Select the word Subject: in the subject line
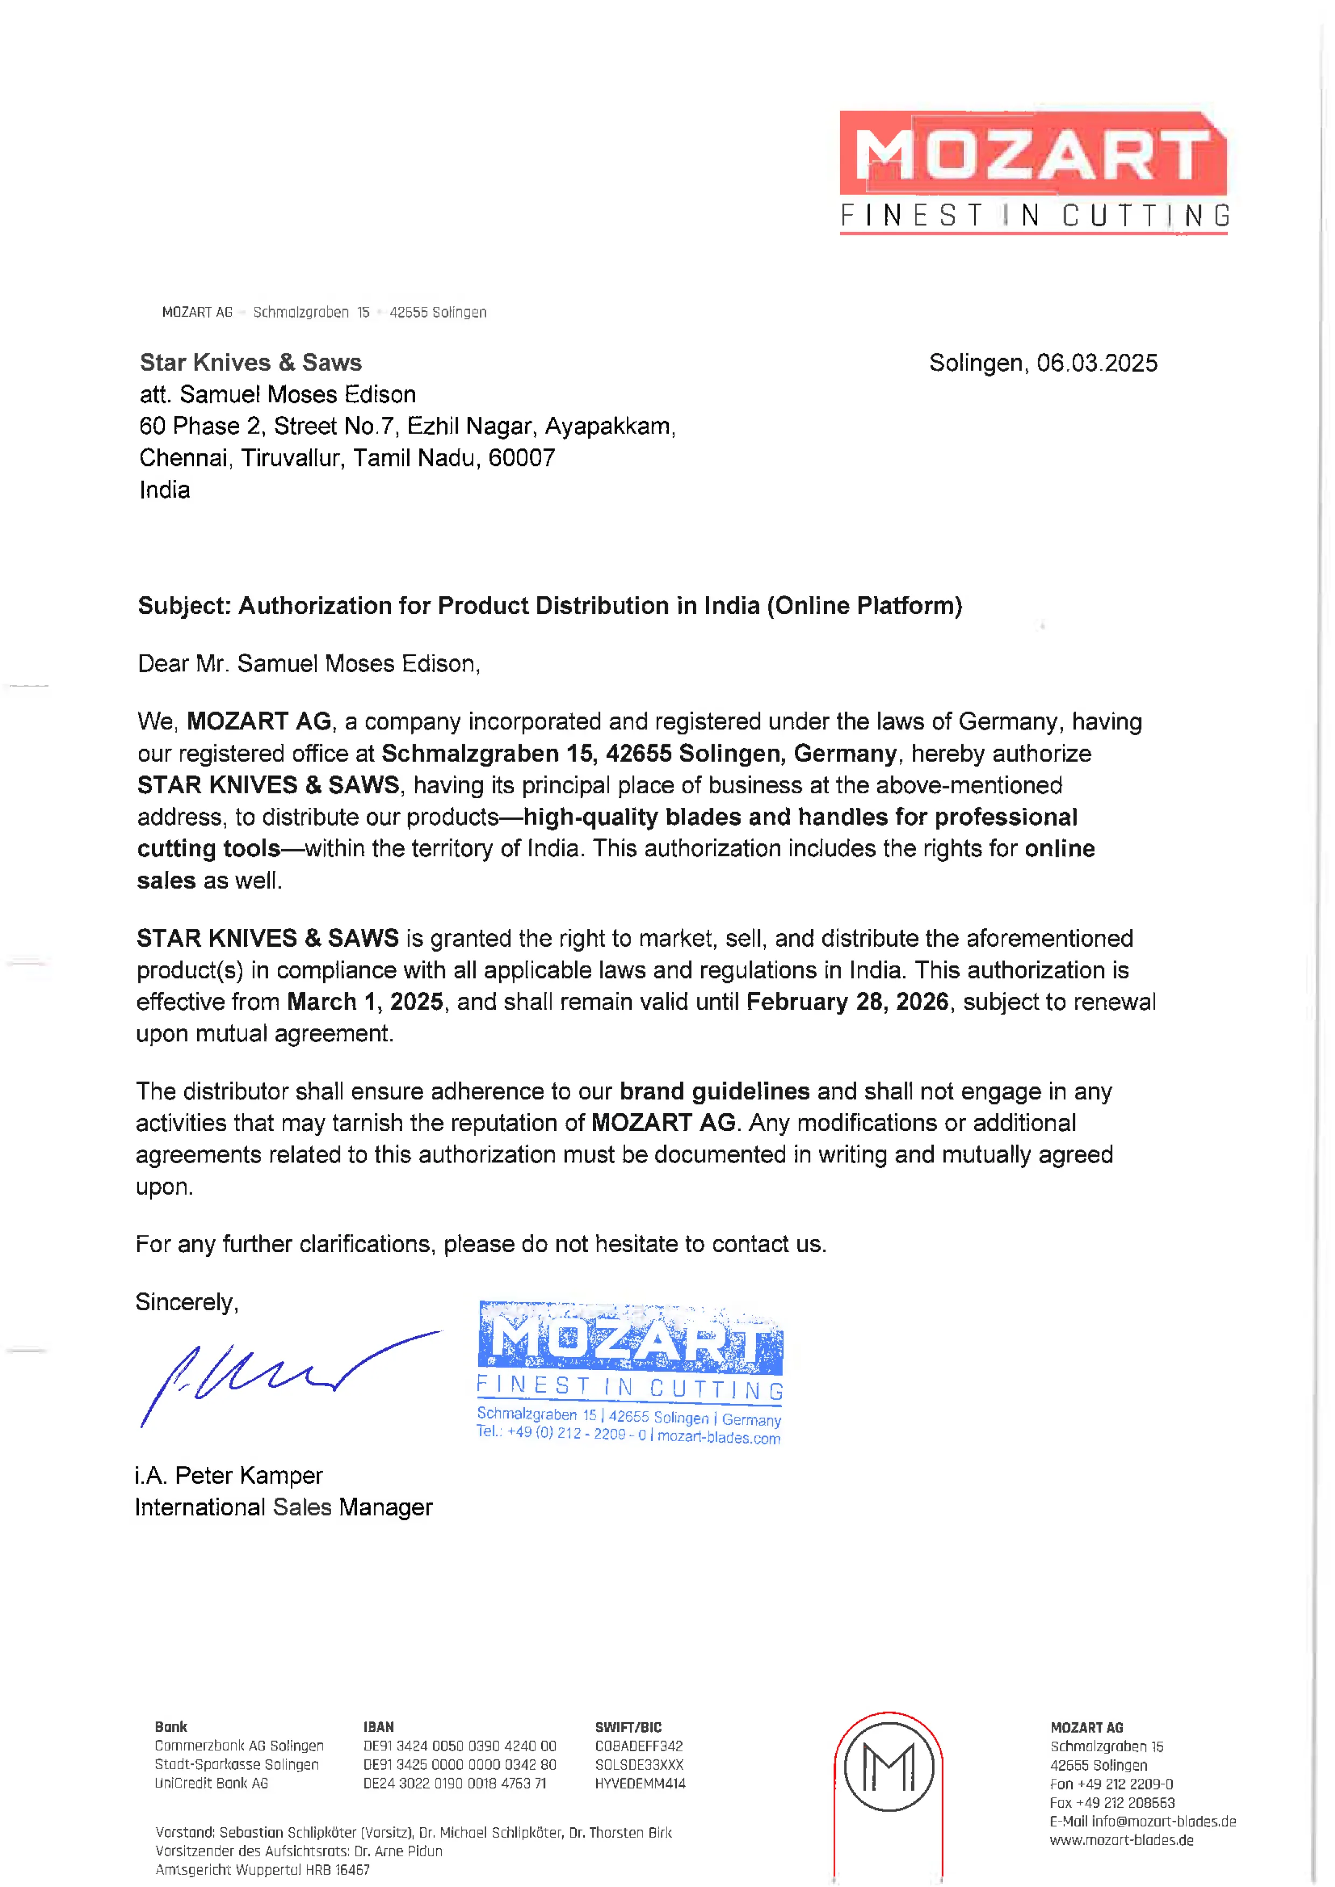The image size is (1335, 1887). coord(184,606)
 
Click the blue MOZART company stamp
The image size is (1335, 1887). coord(630,1373)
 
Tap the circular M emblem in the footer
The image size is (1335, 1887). coord(889,1767)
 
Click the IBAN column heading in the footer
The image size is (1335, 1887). coord(378,1727)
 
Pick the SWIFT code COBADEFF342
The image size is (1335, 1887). coord(639,1746)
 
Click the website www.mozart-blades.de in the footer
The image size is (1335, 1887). coord(1121,1840)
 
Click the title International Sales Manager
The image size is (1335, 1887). coord(284,1507)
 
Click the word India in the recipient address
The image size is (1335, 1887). coord(164,490)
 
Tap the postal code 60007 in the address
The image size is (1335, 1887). coord(521,458)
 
